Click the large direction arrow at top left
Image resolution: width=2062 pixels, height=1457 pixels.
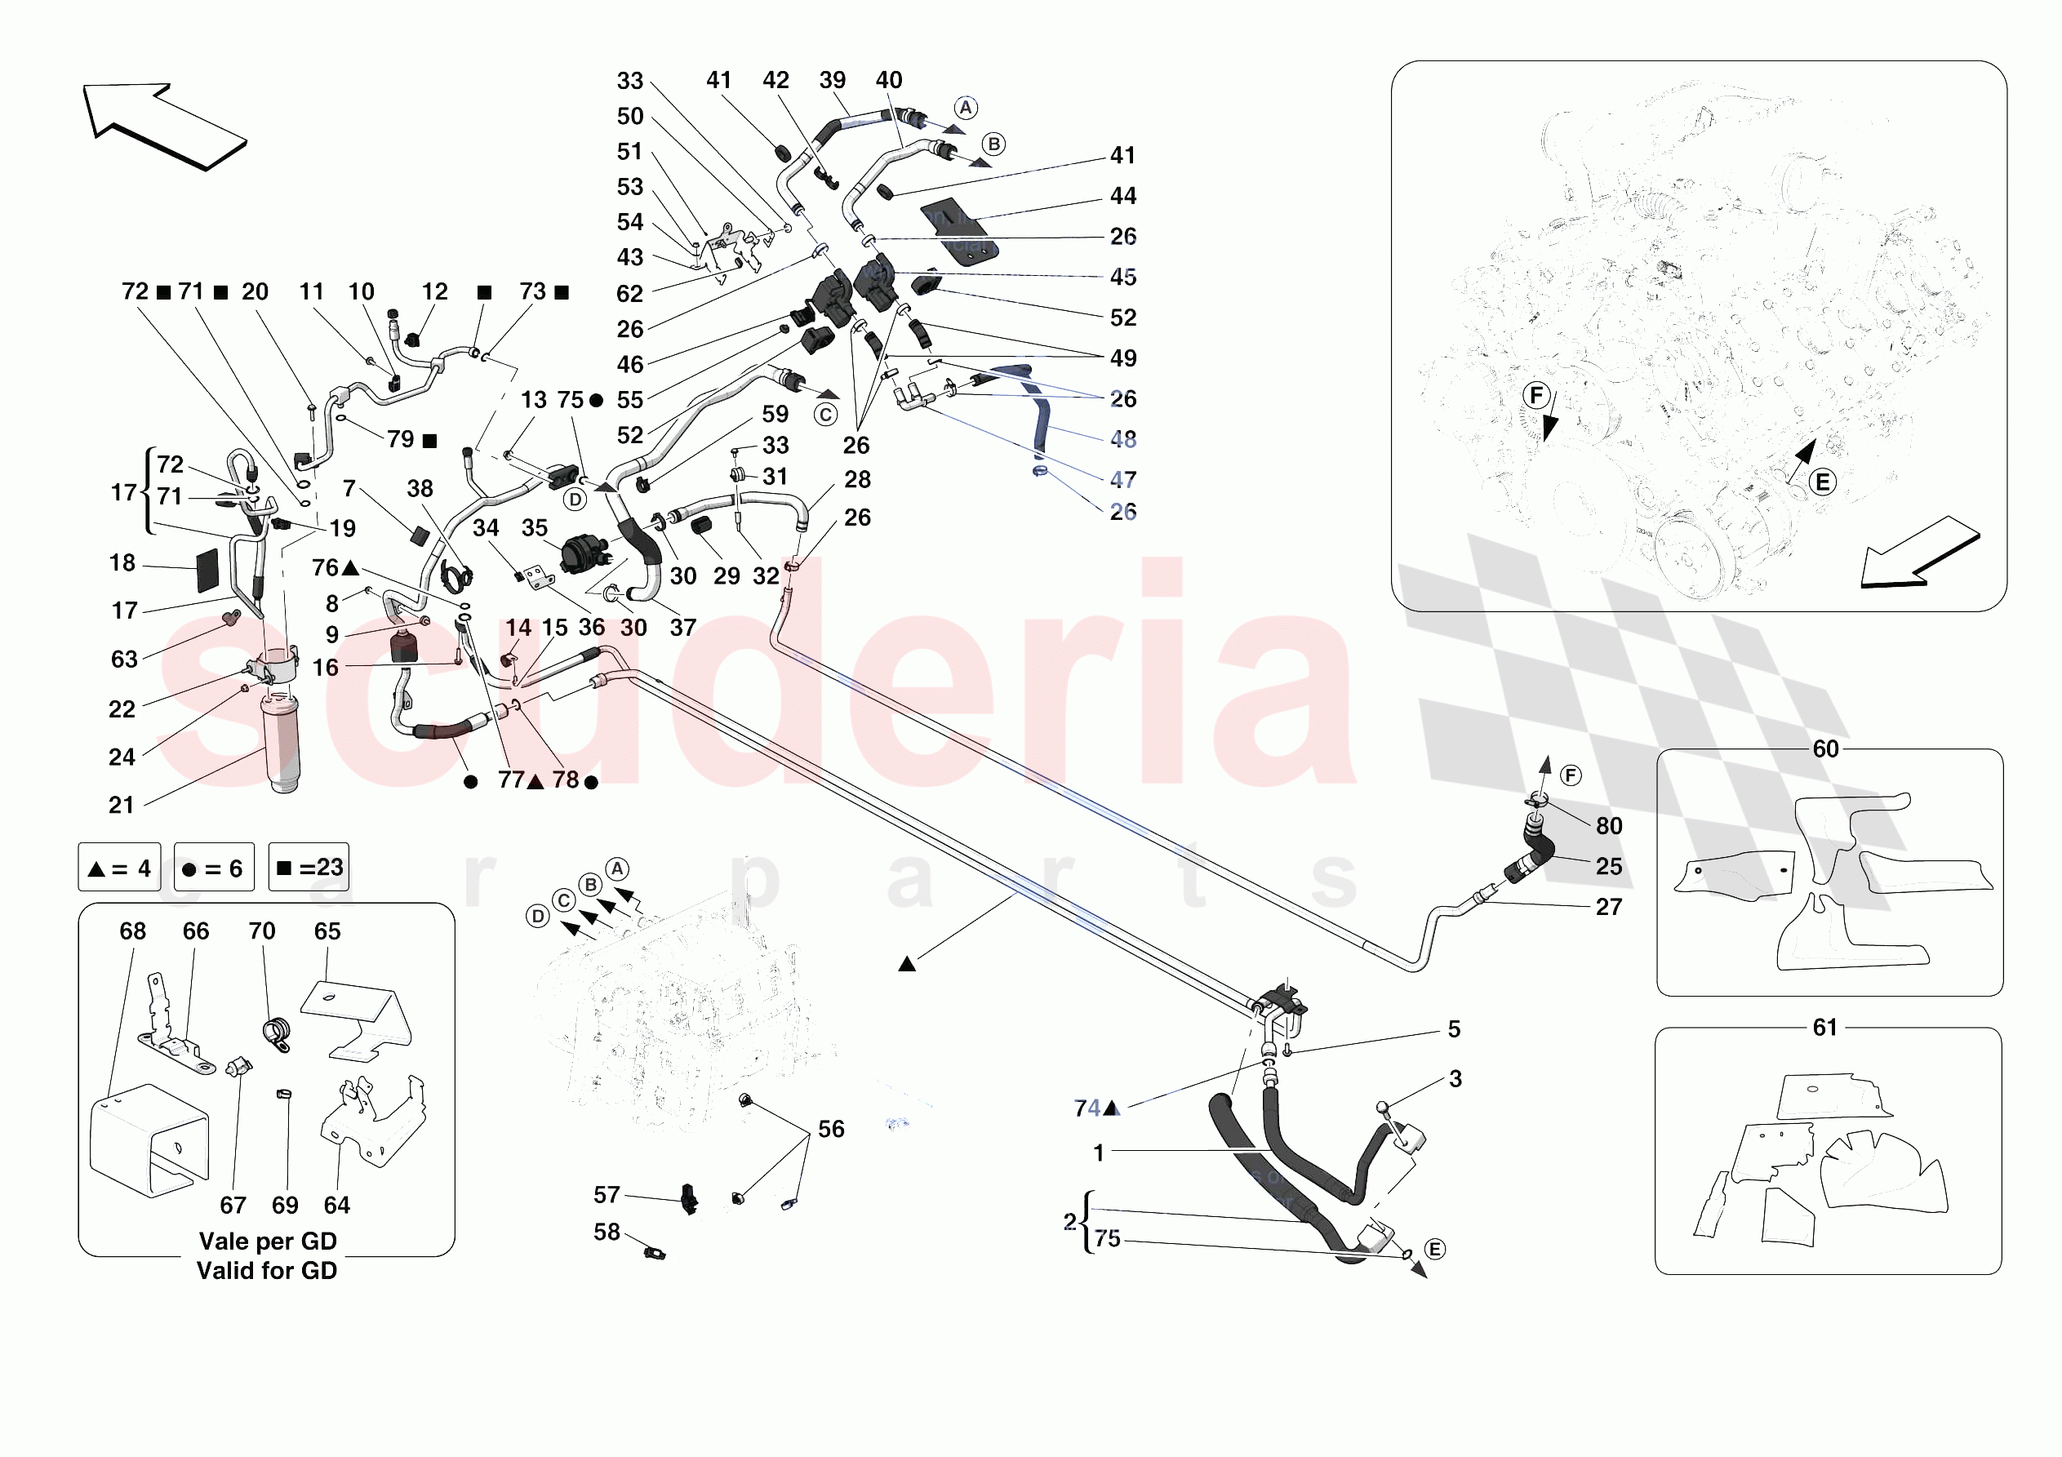[x=164, y=126]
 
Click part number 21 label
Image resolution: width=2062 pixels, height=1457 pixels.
[x=122, y=805]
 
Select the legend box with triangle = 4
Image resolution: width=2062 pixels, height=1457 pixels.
[x=119, y=868]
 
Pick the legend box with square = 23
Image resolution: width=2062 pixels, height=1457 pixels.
[x=308, y=867]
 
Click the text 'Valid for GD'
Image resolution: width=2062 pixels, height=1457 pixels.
[x=267, y=1270]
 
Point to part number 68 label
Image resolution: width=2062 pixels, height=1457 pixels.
[x=133, y=931]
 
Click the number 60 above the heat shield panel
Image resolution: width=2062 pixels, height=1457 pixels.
[x=1825, y=749]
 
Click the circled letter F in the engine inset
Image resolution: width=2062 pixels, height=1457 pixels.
[x=1536, y=394]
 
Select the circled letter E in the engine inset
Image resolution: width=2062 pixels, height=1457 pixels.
[x=1822, y=482]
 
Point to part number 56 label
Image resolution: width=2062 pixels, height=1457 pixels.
[x=831, y=1129]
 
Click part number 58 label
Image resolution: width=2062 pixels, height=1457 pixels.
[x=607, y=1232]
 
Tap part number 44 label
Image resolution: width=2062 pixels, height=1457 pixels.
[x=1122, y=196]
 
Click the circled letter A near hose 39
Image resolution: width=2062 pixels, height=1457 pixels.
[x=966, y=108]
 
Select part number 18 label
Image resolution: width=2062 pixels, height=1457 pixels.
[x=122, y=563]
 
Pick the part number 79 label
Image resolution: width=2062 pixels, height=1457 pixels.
[x=401, y=439]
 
